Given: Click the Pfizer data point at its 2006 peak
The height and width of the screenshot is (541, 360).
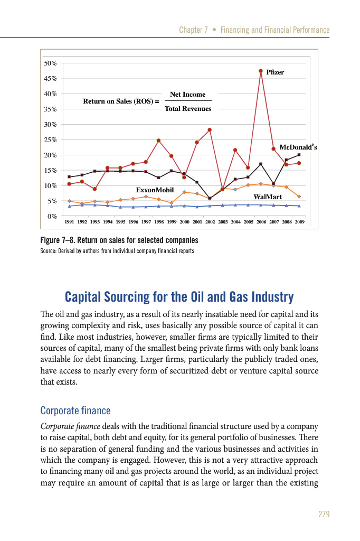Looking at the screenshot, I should pos(261,71).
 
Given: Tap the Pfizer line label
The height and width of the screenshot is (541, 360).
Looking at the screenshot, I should pos(275,72).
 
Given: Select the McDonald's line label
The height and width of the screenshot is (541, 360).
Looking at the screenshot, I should pos(298,147).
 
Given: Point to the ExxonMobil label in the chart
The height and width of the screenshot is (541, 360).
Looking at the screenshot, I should pos(155,189).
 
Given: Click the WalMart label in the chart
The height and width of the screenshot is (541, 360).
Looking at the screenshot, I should pos(268,197).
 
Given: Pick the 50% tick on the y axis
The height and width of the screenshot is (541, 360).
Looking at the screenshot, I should pos(51,63).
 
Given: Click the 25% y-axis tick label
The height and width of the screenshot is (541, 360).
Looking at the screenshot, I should pos(51,140).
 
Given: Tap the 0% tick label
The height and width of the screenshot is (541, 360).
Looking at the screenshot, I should pos(52,216).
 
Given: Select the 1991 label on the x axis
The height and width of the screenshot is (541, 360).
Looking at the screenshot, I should pos(69,222).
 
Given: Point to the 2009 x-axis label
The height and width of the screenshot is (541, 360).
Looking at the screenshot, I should pos(299,222).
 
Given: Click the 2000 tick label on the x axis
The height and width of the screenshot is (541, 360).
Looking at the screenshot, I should pos(184,222).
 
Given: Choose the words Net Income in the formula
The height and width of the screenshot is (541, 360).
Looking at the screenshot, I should pos(188,94).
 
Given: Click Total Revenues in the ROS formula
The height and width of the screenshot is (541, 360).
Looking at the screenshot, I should pos(188,109).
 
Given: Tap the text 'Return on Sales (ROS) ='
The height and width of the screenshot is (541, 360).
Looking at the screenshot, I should pos(121,101).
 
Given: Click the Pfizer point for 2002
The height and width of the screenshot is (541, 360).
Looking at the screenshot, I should pos(210,129).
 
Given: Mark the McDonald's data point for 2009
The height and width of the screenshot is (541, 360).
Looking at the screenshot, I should pos(299,155).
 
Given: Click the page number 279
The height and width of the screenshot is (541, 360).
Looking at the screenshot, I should pos(323,514).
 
